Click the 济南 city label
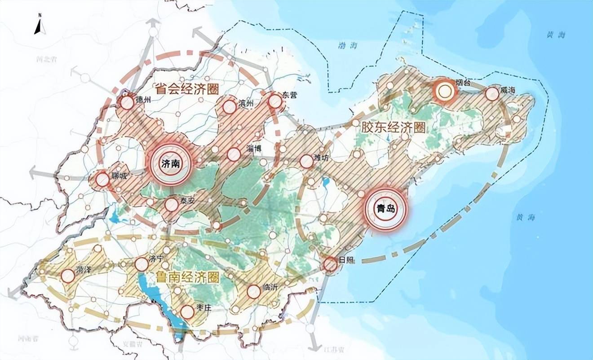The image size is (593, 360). pyautogui.click(x=170, y=164)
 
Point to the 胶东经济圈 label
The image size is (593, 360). pyautogui.click(x=393, y=127)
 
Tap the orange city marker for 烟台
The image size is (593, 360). pyautogui.click(x=445, y=92)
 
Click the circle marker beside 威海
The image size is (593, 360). pyautogui.click(x=492, y=94)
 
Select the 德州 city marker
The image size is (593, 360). pyautogui.click(x=127, y=103)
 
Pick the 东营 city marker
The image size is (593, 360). pyautogui.click(x=275, y=102)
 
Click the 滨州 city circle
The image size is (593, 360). pyautogui.click(x=230, y=107)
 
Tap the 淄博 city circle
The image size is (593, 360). pyautogui.click(x=234, y=154)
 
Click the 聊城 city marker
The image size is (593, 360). pyautogui.click(x=103, y=180)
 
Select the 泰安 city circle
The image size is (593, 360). pyautogui.click(x=171, y=205)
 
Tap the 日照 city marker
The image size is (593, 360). pyautogui.click(x=331, y=265)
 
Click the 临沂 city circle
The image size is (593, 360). pyautogui.click(x=254, y=292)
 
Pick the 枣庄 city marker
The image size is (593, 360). pyautogui.click(x=187, y=312)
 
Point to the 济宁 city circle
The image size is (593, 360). pyautogui.click(x=142, y=263)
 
